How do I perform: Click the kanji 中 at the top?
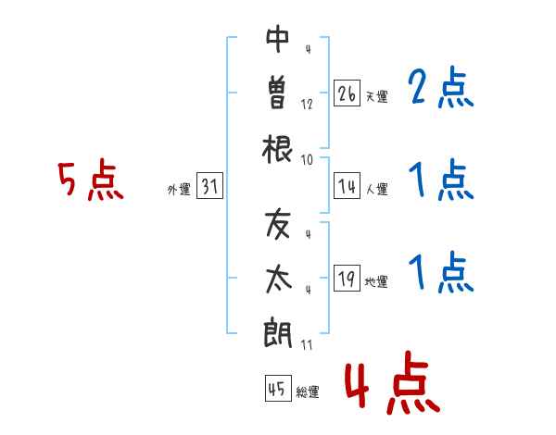[x=277, y=39]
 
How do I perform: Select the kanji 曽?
[x=277, y=93]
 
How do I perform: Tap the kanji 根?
[x=277, y=149]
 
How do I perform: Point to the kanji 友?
[x=278, y=224]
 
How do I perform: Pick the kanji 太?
[x=278, y=280]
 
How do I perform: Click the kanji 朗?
[x=278, y=333]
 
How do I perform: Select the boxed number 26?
[x=347, y=93]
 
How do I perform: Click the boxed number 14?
[x=347, y=185]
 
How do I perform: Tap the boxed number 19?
[x=347, y=278]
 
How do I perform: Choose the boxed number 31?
[x=209, y=185]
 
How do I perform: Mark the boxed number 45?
[x=278, y=388]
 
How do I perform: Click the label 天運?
[x=376, y=96]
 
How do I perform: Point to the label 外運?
[x=179, y=190]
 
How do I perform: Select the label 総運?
[x=308, y=392]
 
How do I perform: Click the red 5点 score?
[x=91, y=180]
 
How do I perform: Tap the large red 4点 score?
[x=392, y=382]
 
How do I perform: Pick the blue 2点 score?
[x=440, y=87]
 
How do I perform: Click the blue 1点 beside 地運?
[x=440, y=272]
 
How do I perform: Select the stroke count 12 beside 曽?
[x=307, y=105]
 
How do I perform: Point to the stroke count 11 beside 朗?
[x=307, y=345]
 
